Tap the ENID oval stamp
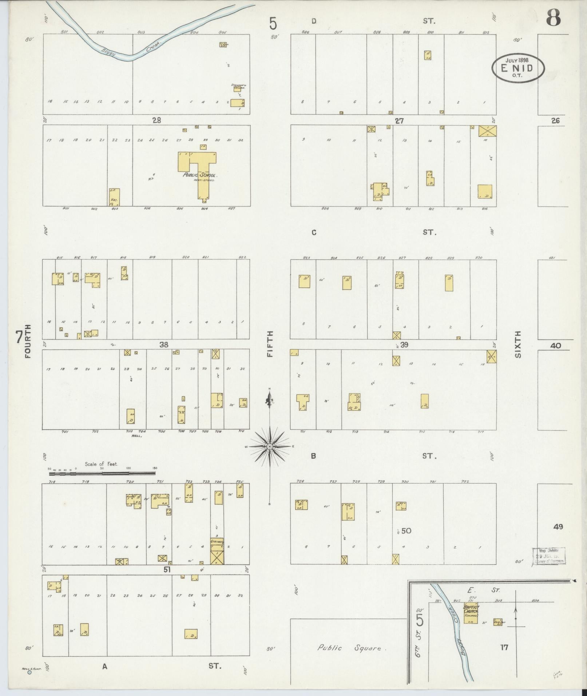click(518, 68)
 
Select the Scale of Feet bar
click(102, 473)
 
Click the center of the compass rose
click(270, 446)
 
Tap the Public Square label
click(349, 648)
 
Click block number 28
click(156, 120)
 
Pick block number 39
click(404, 345)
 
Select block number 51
click(167, 570)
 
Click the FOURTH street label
click(28, 341)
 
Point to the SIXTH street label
click(518, 344)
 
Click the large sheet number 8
click(553, 18)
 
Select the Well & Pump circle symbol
click(29, 672)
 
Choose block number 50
click(406, 531)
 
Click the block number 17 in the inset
click(504, 647)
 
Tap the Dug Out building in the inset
click(498, 622)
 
